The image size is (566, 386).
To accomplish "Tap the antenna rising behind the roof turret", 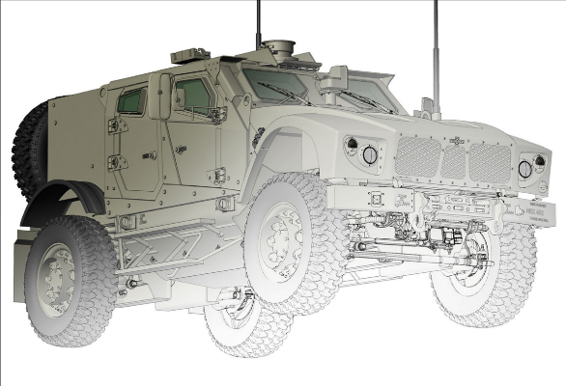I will pos(258,24).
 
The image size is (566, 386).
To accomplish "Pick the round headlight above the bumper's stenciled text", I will pos(524,168).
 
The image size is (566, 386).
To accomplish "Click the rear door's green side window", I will pos(132,99).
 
